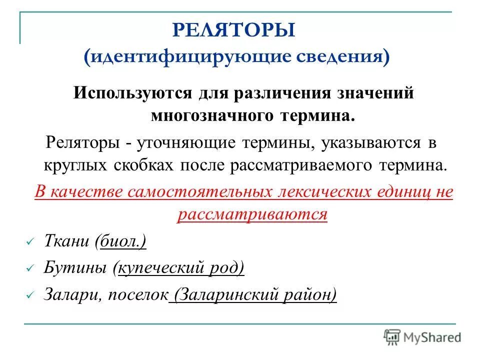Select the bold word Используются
click(125, 93)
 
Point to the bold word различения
click(260, 93)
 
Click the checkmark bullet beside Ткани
click(29, 242)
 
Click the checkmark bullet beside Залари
click(29, 295)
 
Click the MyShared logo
click(422, 336)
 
